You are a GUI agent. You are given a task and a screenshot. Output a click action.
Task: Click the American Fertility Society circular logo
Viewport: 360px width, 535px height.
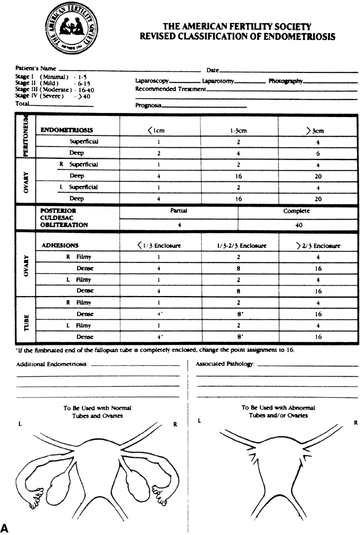65,28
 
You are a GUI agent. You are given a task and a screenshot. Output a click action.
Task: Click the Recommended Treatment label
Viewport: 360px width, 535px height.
171,89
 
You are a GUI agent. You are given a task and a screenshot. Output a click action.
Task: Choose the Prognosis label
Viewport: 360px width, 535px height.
148,107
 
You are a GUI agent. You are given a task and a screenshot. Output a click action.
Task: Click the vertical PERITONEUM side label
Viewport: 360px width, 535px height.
25,139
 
